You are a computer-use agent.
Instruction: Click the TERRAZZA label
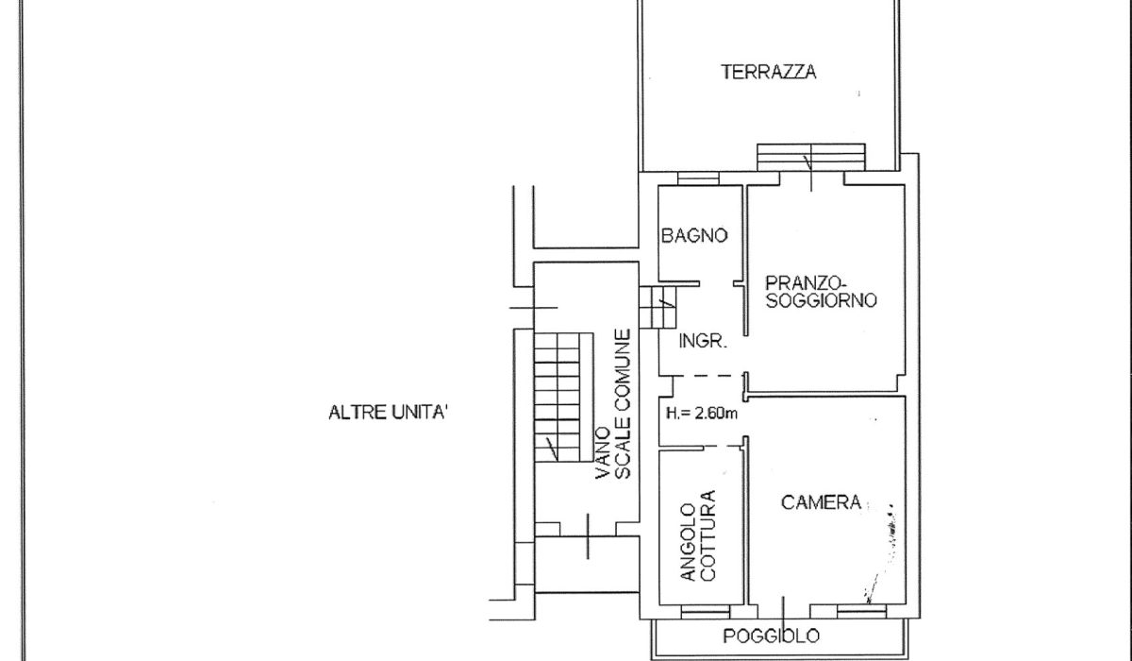(x=768, y=72)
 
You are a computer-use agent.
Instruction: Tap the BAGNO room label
(x=694, y=235)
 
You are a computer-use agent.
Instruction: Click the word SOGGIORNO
(x=822, y=300)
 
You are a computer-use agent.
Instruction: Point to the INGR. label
(x=703, y=342)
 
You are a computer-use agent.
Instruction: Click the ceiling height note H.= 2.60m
(x=702, y=414)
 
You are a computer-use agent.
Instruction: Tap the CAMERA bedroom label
(x=822, y=502)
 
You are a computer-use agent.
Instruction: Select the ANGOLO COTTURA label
(x=698, y=535)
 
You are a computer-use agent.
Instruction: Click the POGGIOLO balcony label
(x=772, y=636)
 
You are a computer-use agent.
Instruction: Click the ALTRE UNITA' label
(x=388, y=412)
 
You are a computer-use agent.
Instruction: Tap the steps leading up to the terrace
(x=811, y=158)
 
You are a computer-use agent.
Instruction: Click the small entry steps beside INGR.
(x=658, y=308)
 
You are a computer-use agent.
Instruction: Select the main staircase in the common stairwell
(x=564, y=397)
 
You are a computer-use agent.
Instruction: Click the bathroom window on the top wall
(x=698, y=178)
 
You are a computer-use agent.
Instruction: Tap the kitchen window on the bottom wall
(x=706, y=612)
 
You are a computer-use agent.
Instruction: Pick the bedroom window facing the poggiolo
(x=861, y=612)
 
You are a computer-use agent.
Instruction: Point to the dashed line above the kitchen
(x=723, y=447)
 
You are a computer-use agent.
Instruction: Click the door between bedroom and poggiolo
(x=784, y=612)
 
